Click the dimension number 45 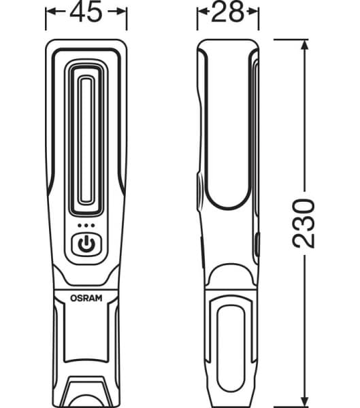click(86, 14)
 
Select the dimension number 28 click(228, 14)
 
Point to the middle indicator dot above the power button click(86, 226)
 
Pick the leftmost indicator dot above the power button click(80, 226)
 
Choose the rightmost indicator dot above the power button click(93, 226)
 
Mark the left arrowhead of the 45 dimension click(50, 11)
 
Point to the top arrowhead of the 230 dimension click(303, 44)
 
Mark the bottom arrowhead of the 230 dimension click(303, 400)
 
